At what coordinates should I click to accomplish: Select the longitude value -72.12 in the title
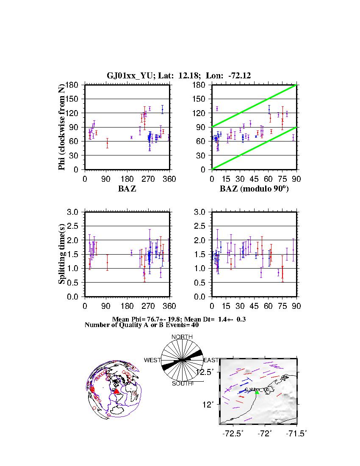(x=239, y=76)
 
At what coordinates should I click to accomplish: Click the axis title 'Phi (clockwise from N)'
(x=62, y=127)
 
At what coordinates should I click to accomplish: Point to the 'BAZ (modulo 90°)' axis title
(x=254, y=189)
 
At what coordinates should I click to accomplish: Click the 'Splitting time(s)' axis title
(x=62, y=254)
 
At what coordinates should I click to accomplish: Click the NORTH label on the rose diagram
(x=182, y=337)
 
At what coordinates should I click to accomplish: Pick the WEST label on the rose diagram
(x=152, y=360)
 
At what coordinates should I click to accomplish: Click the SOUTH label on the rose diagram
(x=182, y=384)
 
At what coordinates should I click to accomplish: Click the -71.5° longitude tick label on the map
(x=296, y=433)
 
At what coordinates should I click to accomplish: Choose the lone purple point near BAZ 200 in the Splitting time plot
(x=132, y=252)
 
